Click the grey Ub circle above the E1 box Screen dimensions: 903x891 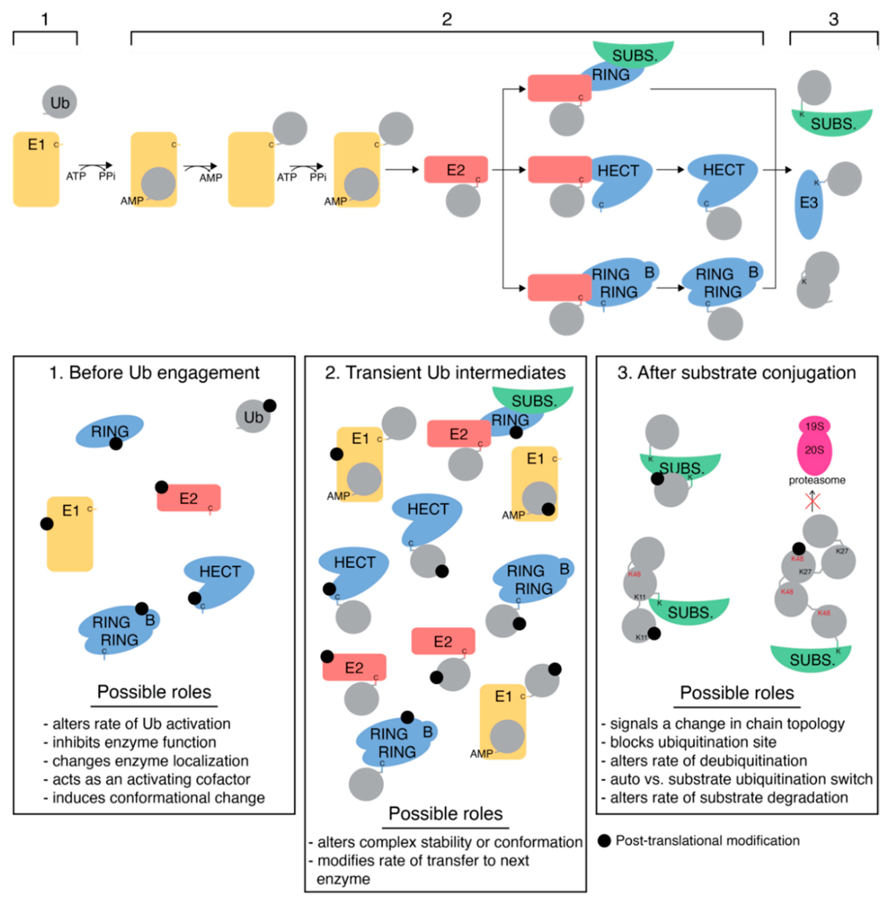click(59, 102)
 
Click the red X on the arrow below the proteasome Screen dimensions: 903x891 click(812, 502)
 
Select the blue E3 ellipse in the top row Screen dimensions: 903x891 click(808, 204)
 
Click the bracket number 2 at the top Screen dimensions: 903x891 click(446, 20)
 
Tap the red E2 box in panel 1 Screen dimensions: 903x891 click(189, 498)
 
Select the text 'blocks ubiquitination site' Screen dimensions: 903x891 click(693, 742)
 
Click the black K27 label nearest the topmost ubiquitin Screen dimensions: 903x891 click(841, 551)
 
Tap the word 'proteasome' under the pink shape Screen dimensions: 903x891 click(817, 480)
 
